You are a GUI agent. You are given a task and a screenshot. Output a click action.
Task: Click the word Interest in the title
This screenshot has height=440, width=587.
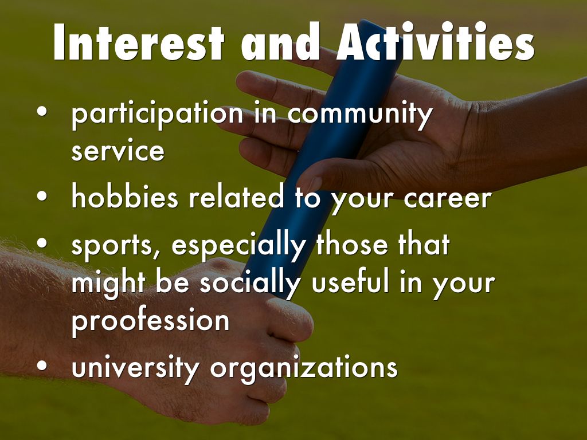pyautogui.click(x=139, y=42)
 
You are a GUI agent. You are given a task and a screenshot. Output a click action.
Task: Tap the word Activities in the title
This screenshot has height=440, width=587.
pyautogui.click(x=436, y=41)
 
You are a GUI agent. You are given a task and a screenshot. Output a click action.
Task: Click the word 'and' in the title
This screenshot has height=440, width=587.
pyautogui.click(x=280, y=41)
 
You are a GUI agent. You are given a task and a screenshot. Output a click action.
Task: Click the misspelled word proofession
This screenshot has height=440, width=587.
pyautogui.click(x=150, y=321)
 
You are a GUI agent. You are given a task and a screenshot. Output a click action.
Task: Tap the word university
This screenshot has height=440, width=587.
pyautogui.click(x=135, y=368)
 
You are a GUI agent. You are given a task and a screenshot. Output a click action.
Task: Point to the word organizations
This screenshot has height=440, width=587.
pyautogui.click(x=304, y=368)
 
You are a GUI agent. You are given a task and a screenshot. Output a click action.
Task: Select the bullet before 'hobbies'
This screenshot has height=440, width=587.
pyautogui.click(x=42, y=196)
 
